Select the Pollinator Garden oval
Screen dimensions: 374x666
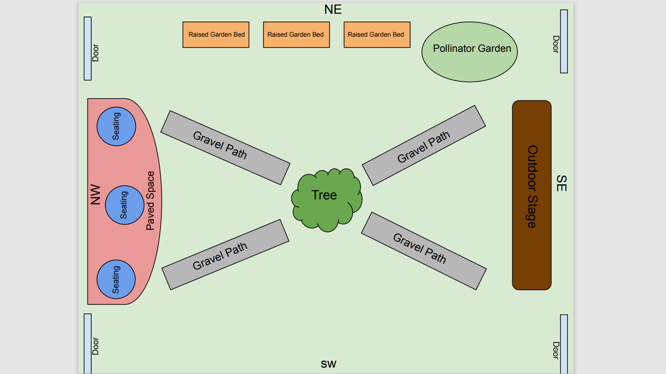pyautogui.click(x=469, y=51)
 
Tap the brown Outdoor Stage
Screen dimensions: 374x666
pyautogui.click(x=532, y=195)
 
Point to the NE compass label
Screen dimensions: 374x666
pyautogui.click(x=333, y=10)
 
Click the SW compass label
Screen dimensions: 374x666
pyautogui.click(x=328, y=364)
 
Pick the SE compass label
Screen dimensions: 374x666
pyautogui.click(x=561, y=183)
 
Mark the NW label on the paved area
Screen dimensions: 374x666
pyautogui.click(x=95, y=195)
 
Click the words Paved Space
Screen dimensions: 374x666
pyautogui.click(x=150, y=201)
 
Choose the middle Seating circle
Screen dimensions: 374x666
pyautogui.click(x=124, y=205)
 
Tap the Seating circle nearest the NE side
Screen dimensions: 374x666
pyautogui.click(x=116, y=126)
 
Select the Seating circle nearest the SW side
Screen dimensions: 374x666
pyautogui.click(x=116, y=280)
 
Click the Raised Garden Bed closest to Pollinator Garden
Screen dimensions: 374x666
pyautogui.click(x=377, y=35)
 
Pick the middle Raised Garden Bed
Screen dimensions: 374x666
pyautogui.click(x=296, y=35)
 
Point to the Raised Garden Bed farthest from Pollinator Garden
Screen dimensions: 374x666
pyautogui.click(x=216, y=35)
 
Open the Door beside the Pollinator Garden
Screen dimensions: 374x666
pyautogui.click(x=564, y=41)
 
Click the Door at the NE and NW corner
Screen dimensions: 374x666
pyautogui.click(x=88, y=49)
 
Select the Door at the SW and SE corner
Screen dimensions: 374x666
pyautogui.click(x=564, y=344)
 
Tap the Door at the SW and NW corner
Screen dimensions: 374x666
pyautogui.click(x=88, y=344)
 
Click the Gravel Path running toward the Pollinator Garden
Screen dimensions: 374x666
pyautogui.click(x=423, y=145)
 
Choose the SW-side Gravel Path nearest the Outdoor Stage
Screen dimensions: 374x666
pyautogui.click(x=423, y=251)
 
